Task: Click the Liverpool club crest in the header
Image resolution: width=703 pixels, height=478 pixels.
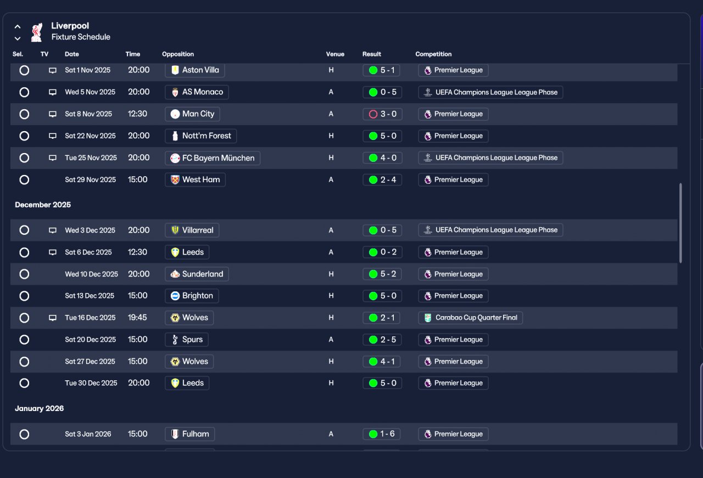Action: (37, 32)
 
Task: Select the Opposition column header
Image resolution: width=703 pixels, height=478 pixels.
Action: (178, 54)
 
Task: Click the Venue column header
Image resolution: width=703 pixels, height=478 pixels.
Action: (335, 54)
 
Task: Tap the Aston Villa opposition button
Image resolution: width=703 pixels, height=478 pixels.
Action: (195, 70)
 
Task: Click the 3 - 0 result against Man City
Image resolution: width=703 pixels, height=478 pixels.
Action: (382, 114)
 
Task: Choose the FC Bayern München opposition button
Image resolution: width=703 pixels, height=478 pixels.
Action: (213, 158)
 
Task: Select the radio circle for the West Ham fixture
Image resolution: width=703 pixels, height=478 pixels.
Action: (24, 179)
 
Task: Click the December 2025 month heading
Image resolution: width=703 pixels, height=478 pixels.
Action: (43, 205)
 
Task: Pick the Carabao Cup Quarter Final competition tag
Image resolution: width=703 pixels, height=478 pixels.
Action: (470, 318)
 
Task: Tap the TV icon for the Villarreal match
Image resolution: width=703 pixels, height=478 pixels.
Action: (53, 230)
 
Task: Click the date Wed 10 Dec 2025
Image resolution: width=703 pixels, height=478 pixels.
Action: (91, 274)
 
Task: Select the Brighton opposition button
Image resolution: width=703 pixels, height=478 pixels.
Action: (192, 296)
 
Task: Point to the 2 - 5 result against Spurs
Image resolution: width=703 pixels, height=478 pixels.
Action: (382, 340)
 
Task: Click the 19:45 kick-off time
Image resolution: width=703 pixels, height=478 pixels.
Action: (137, 317)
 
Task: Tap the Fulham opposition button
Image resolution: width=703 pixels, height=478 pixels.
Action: (190, 434)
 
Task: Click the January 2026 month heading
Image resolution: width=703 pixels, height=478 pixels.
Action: (39, 408)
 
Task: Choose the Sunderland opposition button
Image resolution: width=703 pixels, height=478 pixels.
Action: (197, 274)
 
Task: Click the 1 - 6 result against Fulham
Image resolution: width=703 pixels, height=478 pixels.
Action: (382, 434)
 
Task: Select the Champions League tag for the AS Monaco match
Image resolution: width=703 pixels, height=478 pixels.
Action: (490, 92)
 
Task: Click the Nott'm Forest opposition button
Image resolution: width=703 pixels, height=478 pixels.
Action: (201, 136)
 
